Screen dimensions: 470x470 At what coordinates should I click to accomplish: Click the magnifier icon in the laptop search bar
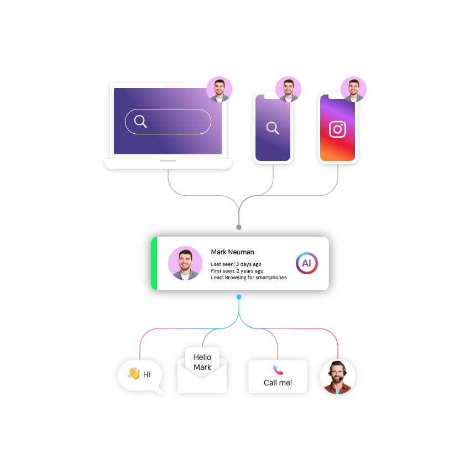click(140, 122)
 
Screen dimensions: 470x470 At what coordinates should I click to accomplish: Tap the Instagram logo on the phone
click(337, 129)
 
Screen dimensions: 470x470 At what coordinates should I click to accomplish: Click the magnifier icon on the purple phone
click(273, 128)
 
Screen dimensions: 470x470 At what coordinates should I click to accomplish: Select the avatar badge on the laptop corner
click(220, 89)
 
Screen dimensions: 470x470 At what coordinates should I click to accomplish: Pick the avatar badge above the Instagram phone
click(353, 89)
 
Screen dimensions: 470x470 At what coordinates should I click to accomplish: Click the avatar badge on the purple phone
click(288, 89)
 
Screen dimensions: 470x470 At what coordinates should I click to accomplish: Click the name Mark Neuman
click(232, 252)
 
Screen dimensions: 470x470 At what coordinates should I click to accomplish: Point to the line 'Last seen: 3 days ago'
click(236, 264)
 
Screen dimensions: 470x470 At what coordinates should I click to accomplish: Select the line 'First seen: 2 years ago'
click(237, 271)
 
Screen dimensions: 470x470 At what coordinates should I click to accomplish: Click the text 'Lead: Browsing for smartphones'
click(248, 278)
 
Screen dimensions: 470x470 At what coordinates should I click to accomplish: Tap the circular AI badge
click(306, 263)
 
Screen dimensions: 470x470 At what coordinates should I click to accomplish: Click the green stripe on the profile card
click(154, 263)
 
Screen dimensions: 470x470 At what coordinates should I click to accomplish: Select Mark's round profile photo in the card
click(185, 263)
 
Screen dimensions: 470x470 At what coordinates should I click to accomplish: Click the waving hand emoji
click(134, 374)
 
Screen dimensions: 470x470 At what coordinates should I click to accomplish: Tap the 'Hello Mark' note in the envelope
click(202, 362)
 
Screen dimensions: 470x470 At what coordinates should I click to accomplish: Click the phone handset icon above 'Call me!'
click(278, 370)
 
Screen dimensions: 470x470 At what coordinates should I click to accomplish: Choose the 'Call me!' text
click(278, 383)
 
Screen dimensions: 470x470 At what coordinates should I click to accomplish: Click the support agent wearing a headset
click(337, 377)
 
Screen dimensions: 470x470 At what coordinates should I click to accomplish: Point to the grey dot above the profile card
click(239, 227)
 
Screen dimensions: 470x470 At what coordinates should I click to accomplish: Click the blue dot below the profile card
click(239, 297)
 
